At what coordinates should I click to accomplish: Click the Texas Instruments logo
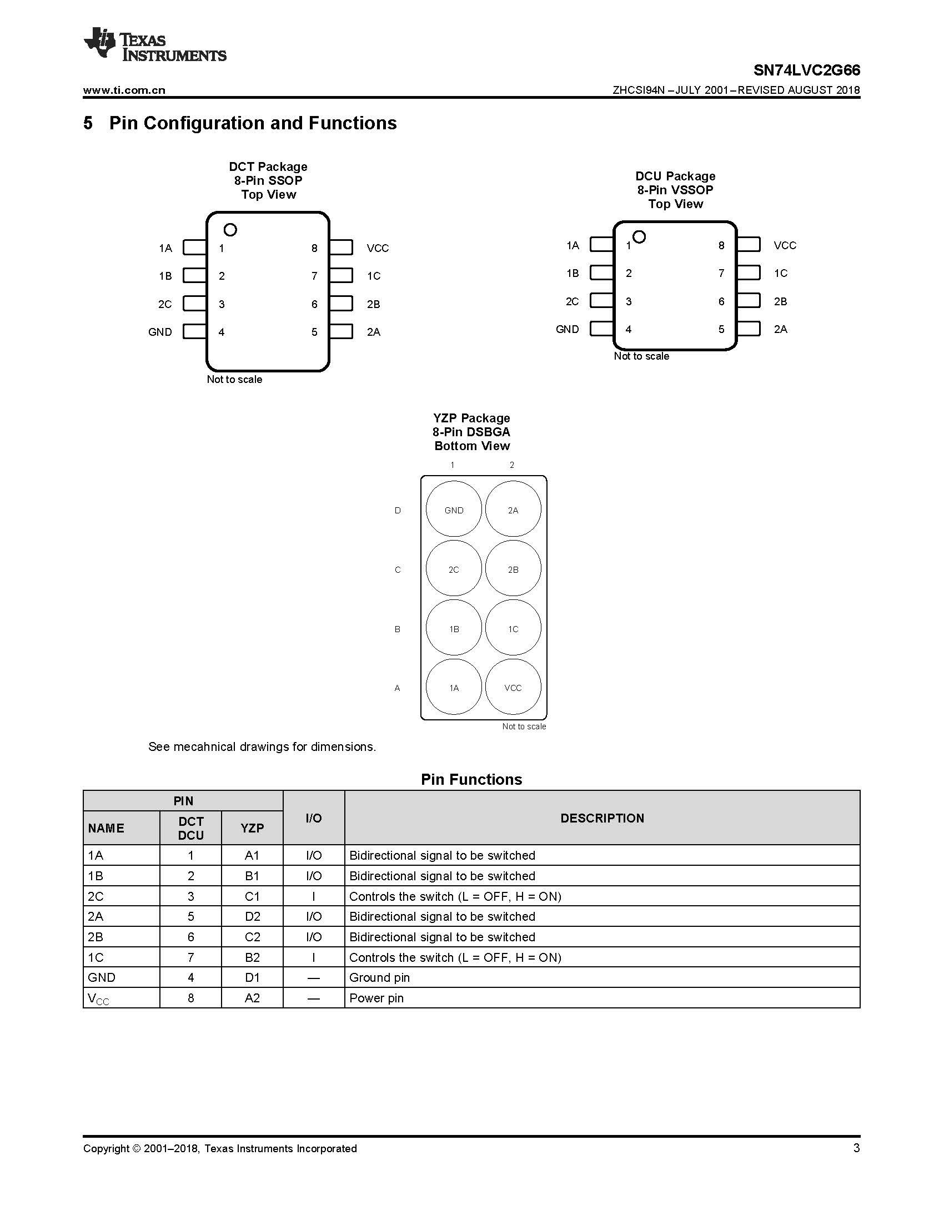point(155,44)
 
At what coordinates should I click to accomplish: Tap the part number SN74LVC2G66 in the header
point(806,70)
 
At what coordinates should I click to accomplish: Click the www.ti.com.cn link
point(124,90)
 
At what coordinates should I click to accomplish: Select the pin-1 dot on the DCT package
point(230,230)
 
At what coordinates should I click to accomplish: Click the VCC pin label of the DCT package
point(378,248)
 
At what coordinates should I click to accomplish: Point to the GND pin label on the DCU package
point(567,329)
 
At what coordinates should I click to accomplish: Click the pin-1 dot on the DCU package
point(639,236)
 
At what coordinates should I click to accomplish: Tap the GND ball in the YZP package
point(454,510)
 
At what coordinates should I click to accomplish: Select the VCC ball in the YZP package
point(513,688)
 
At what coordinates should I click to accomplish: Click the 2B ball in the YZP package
point(513,569)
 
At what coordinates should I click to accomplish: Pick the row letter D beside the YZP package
point(398,511)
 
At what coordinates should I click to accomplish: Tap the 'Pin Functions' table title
point(471,779)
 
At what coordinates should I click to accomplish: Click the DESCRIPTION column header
point(602,818)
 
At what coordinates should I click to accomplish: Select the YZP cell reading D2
point(252,916)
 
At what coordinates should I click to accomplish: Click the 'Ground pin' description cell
point(380,977)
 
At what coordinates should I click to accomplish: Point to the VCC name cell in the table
point(98,998)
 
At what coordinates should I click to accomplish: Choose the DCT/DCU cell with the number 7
point(190,957)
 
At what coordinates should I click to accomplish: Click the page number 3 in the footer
point(856,1148)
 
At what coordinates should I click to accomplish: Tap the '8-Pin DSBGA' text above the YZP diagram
point(471,432)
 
